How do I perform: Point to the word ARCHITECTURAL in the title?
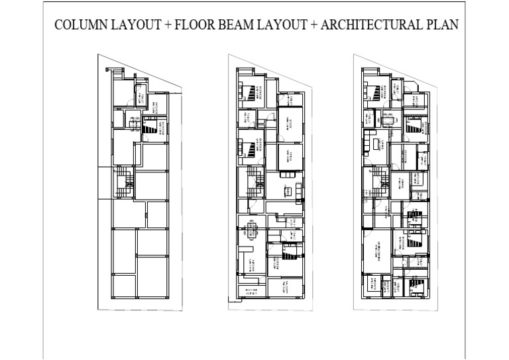[371, 26]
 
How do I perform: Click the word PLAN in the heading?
[441, 26]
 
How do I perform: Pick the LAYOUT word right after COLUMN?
[139, 26]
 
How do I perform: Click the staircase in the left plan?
[123, 179]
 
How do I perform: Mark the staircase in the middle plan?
[254, 179]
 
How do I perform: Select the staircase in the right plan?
[381, 177]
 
